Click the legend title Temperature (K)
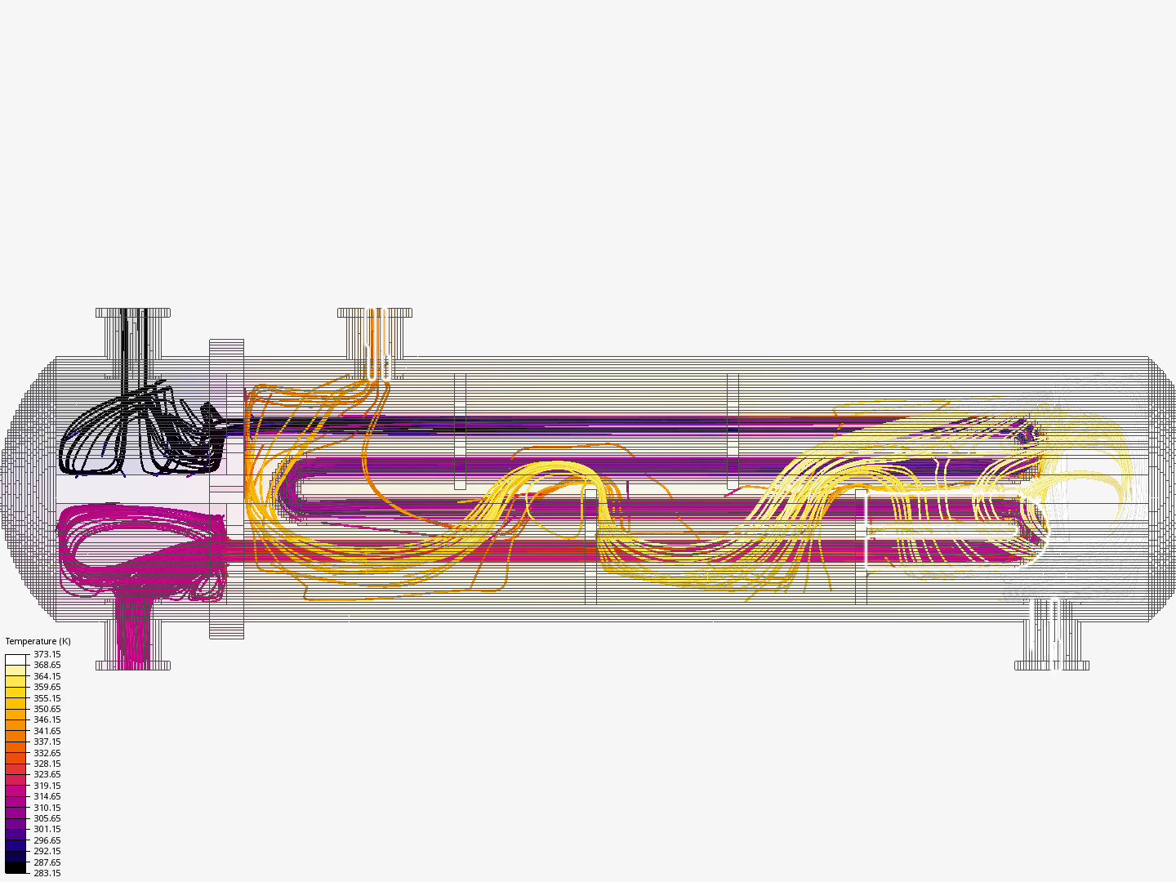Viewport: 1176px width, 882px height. [38, 641]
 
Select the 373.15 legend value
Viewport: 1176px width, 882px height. [47, 654]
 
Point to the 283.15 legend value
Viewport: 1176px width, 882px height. [47, 873]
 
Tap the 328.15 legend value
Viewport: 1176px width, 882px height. [47, 764]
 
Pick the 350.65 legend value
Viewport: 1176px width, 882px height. [47, 709]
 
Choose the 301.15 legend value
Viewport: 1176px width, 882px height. [47, 829]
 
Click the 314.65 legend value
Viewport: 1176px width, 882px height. [47, 796]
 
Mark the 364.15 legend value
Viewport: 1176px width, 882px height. [47, 676]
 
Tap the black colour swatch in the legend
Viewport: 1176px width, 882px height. [16, 867]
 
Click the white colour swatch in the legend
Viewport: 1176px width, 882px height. [16, 659]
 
